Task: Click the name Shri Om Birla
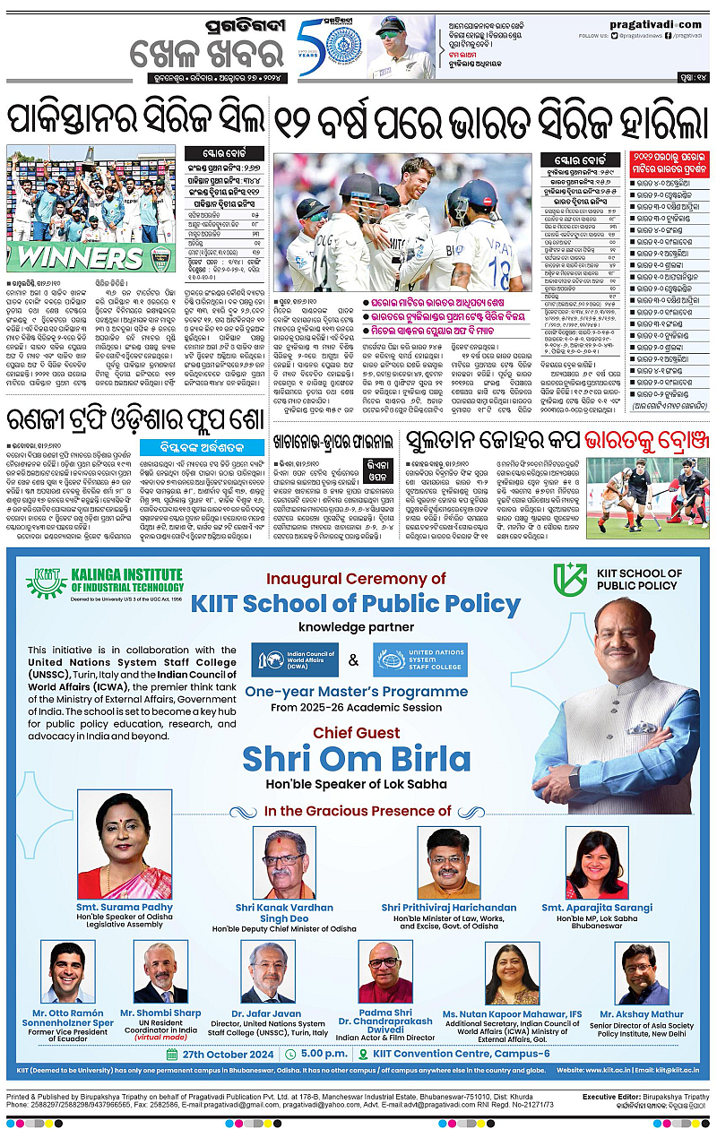[x=356, y=759]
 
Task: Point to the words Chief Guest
[x=356, y=732]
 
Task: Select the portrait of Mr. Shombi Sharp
[x=167, y=973]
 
